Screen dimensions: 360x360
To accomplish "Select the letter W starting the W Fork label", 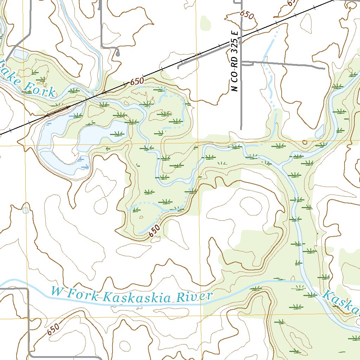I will click(56, 291).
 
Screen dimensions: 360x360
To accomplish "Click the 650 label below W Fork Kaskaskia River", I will click(53, 330).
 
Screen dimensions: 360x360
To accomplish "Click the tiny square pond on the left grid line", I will click(25, 210).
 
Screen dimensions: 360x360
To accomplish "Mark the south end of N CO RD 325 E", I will click(241, 129).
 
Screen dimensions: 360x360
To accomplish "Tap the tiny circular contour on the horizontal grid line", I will click(304, 142).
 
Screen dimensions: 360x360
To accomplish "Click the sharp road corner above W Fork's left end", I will click(27, 289).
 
